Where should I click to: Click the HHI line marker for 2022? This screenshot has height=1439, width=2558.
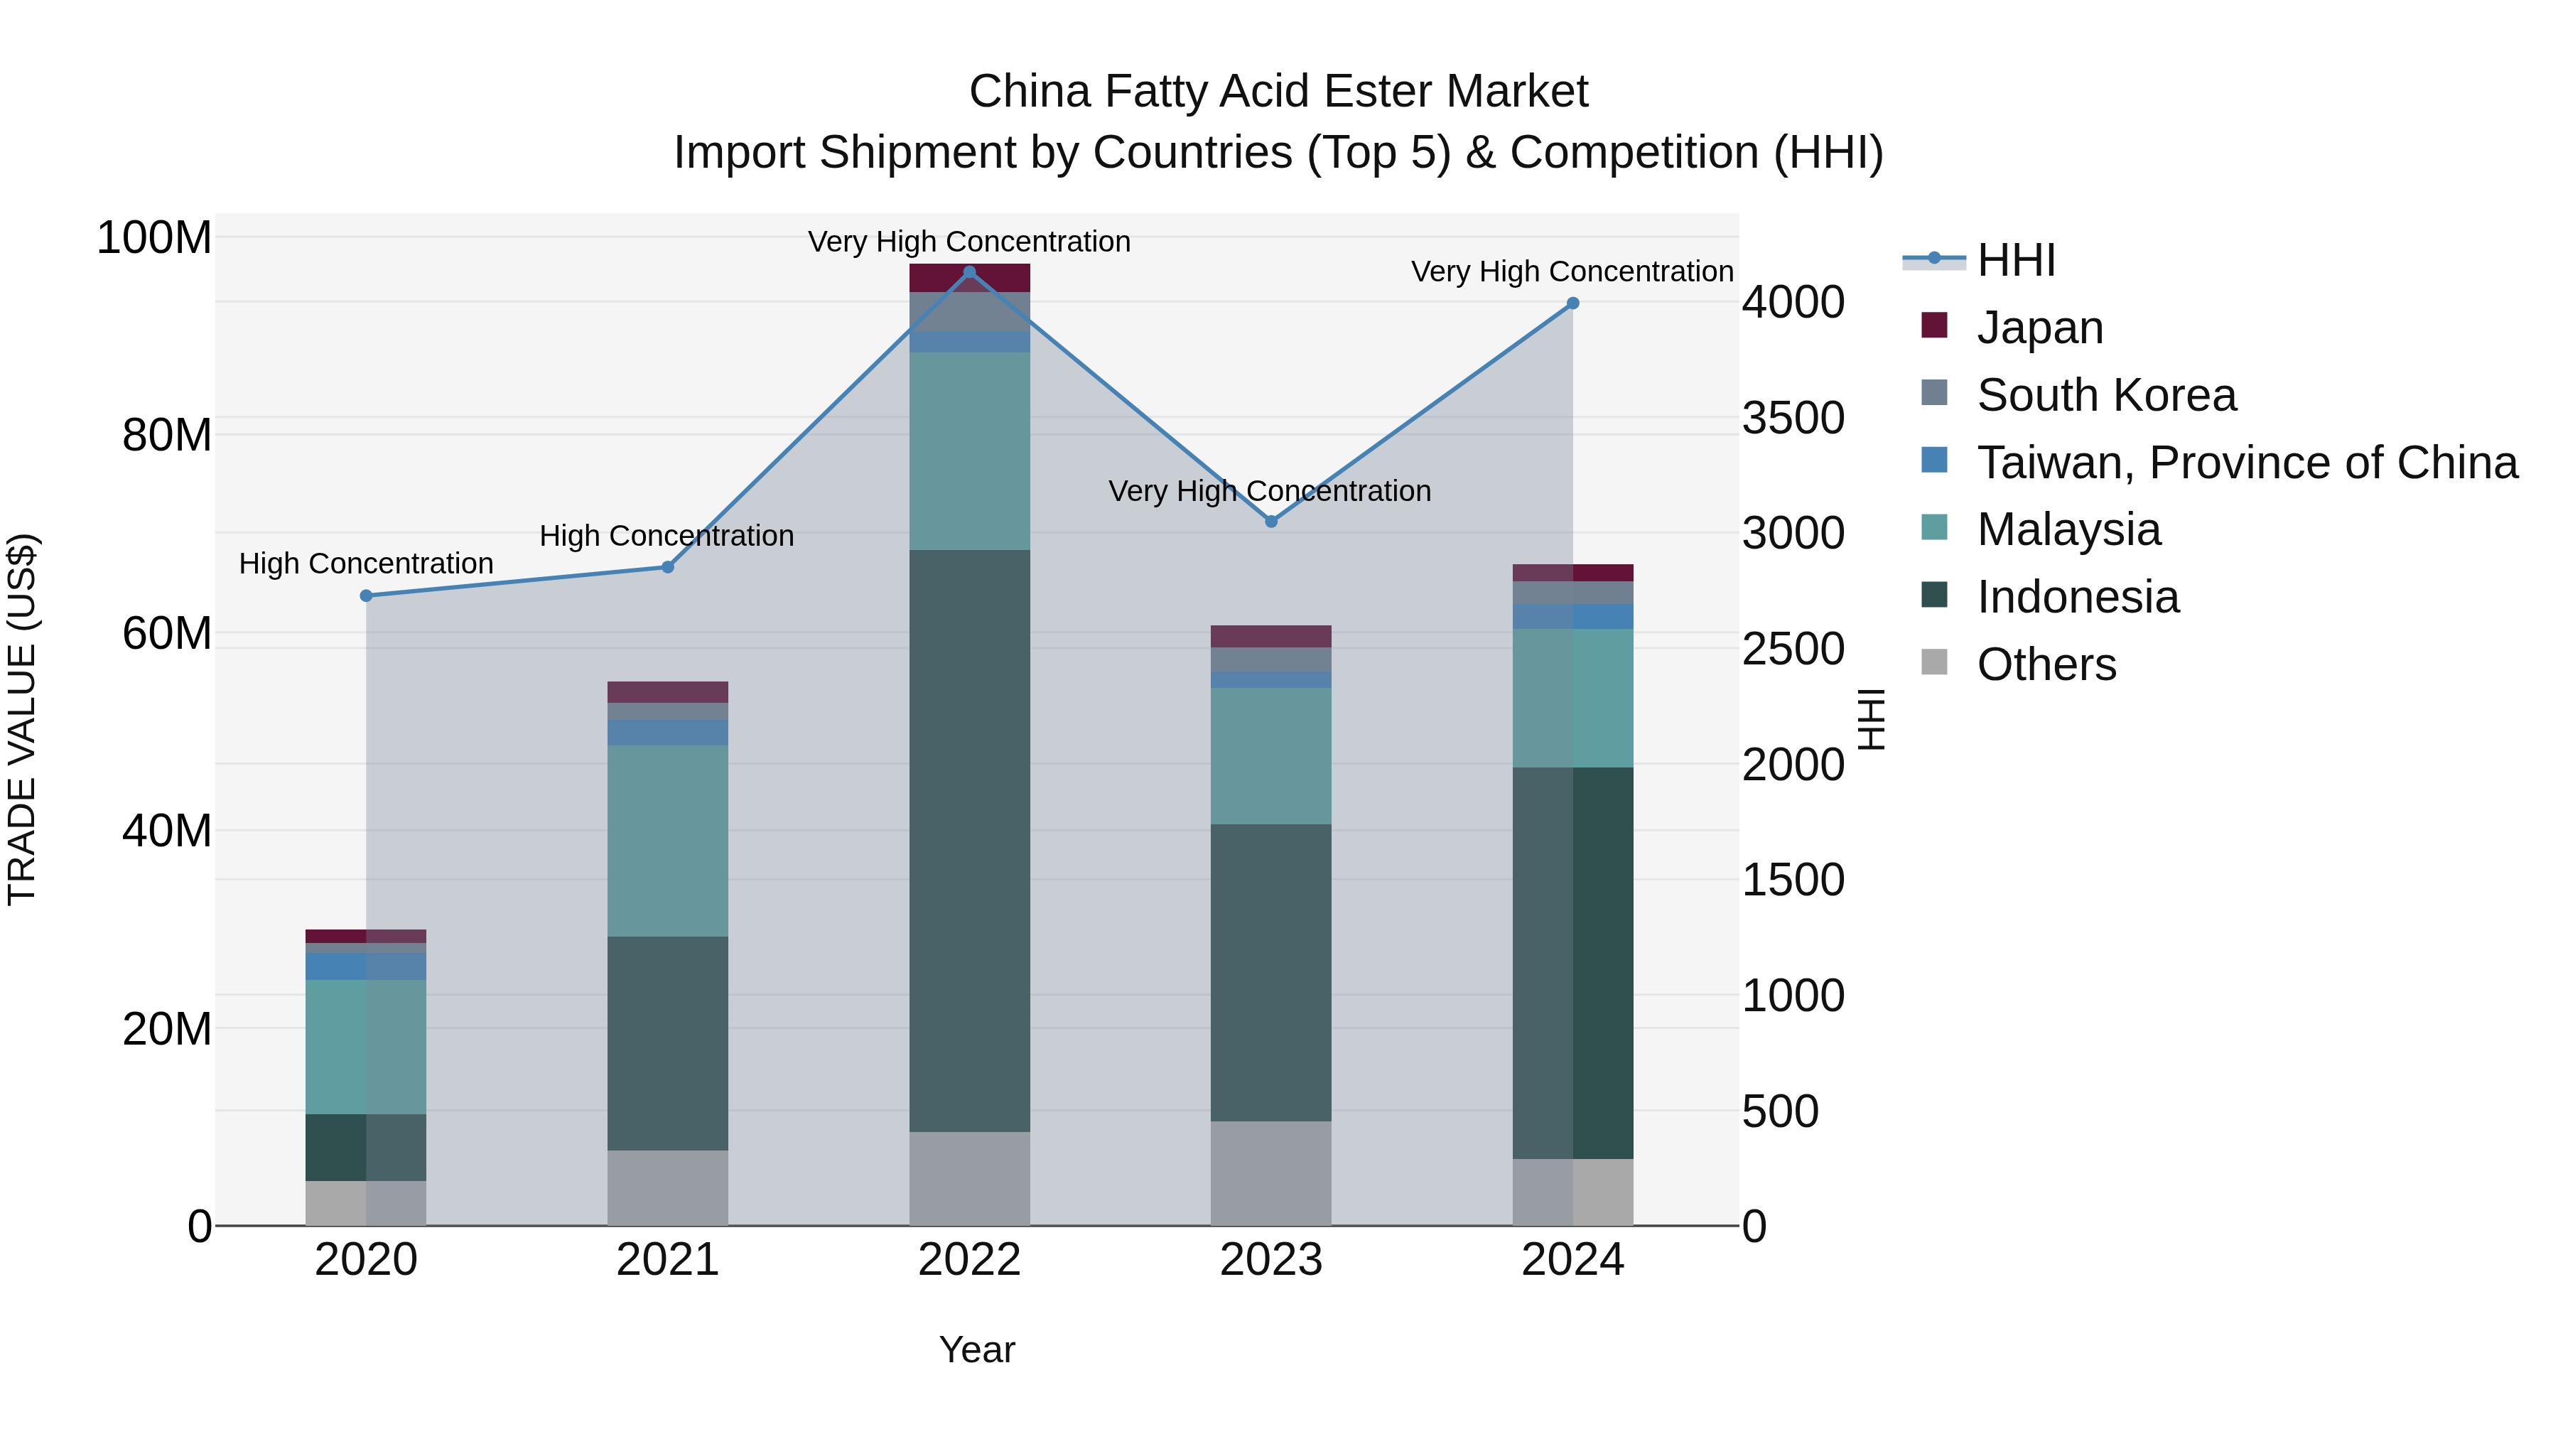tap(969, 272)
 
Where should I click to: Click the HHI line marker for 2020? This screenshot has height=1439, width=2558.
tap(367, 596)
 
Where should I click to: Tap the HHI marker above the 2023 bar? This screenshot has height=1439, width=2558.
tap(1271, 522)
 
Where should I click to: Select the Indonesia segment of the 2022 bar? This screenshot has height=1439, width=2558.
tap(969, 840)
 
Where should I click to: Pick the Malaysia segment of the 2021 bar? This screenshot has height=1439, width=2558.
tap(667, 840)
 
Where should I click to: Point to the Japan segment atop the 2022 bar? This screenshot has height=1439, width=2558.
tap(969, 277)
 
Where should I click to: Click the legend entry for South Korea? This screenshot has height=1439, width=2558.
tap(2105, 395)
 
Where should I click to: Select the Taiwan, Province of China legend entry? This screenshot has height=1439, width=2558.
tap(2246, 463)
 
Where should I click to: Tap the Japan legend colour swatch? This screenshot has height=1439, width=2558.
tap(1934, 325)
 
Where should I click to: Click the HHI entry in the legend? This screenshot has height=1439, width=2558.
tap(2016, 260)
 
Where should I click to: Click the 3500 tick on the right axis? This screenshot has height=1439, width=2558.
tap(1793, 418)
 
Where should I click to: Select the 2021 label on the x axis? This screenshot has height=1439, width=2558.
tap(667, 1260)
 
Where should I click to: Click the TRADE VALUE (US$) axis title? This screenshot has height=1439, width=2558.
tap(22, 719)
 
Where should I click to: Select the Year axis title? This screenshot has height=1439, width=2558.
tap(976, 1349)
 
